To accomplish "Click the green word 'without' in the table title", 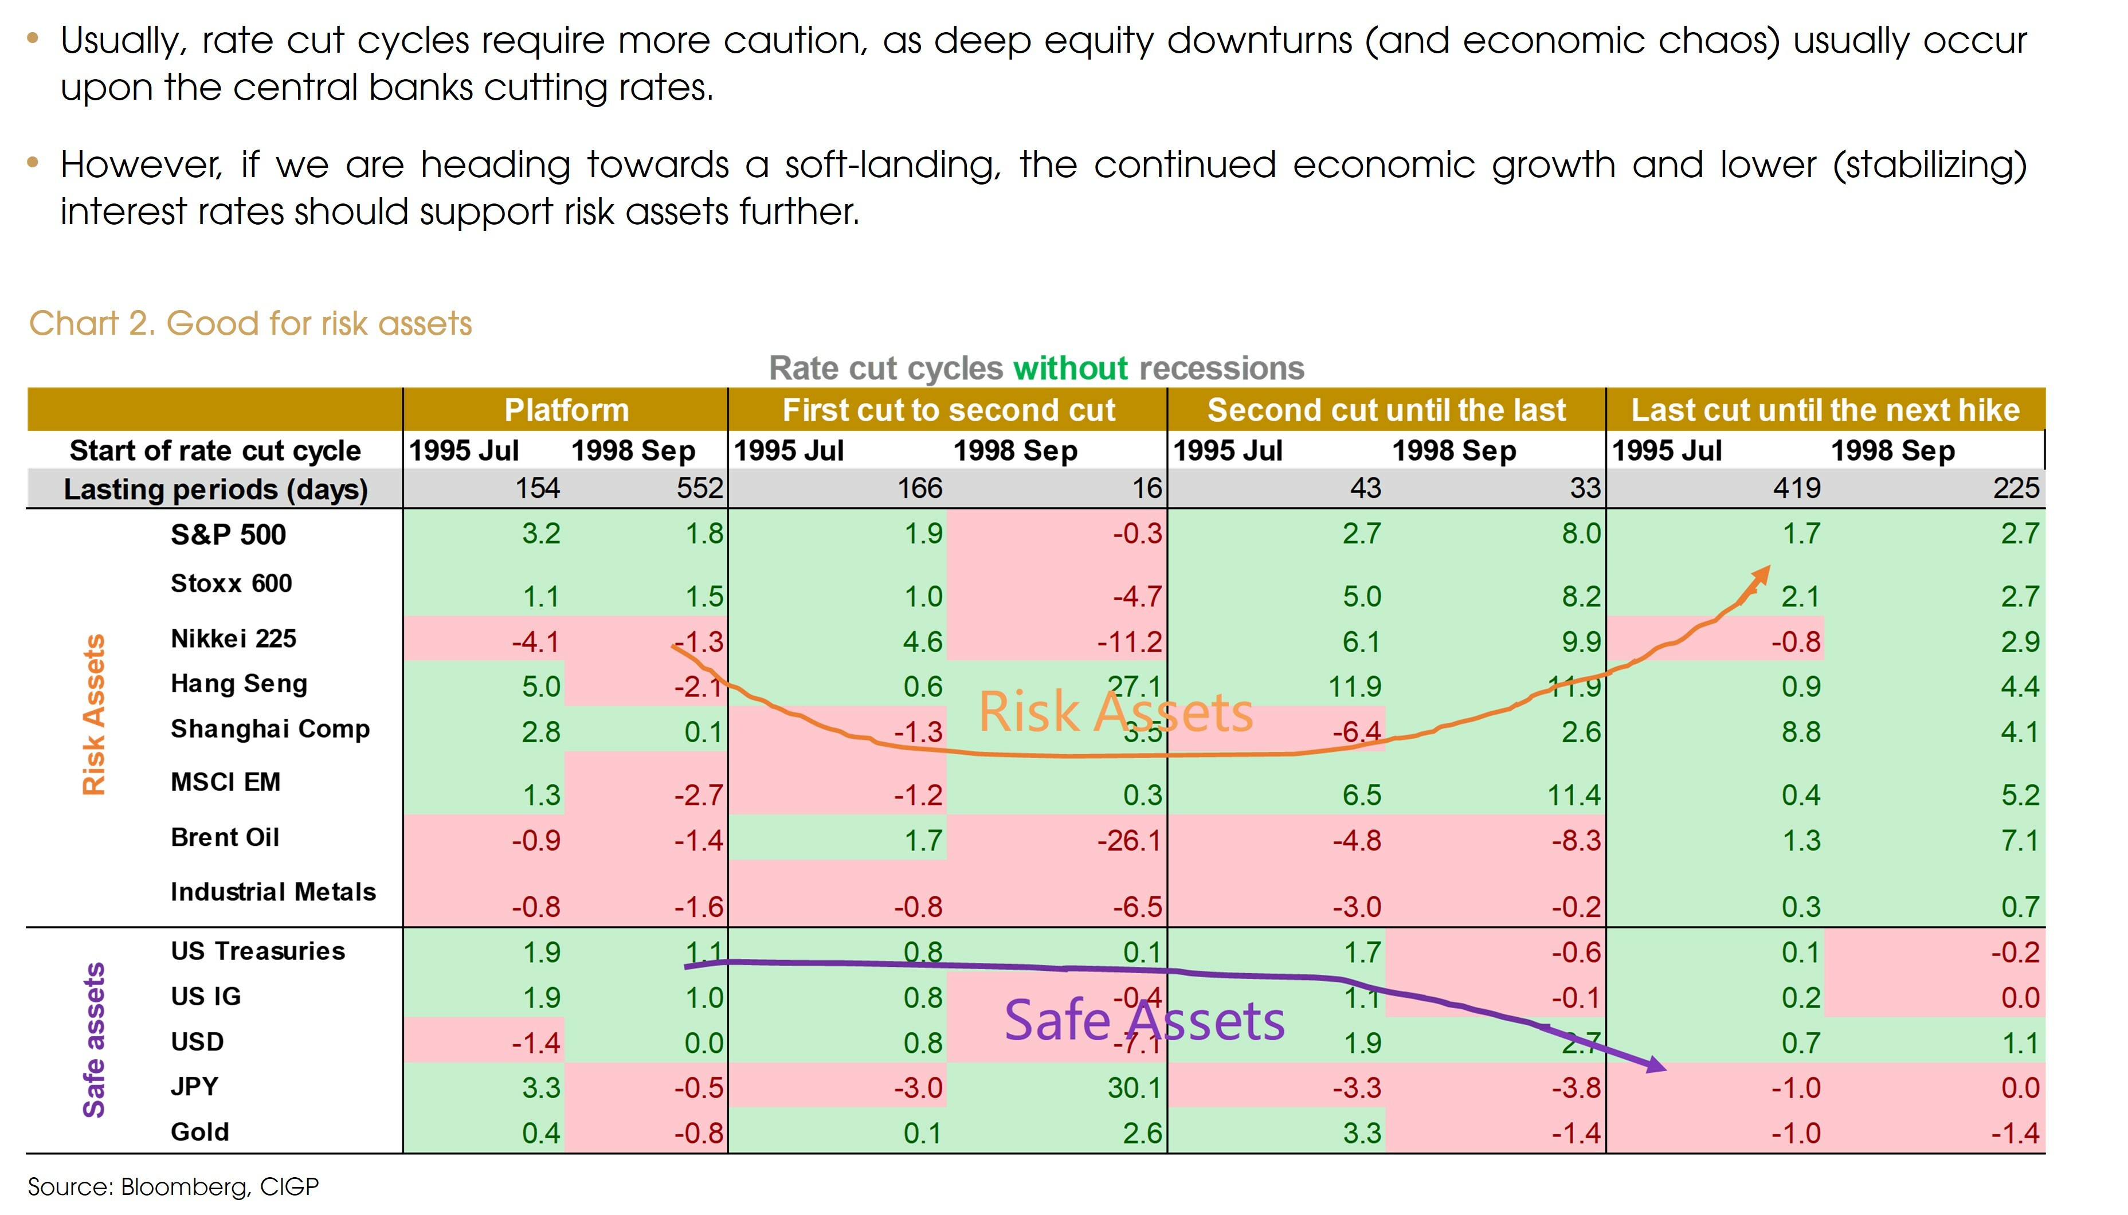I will (x=1070, y=368).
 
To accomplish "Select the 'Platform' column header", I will (x=566, y=410).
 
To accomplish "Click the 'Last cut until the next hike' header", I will (x=1825, y=410).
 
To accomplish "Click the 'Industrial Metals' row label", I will (x=273, y=892).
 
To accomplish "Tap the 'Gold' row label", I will (x=199, y=1132).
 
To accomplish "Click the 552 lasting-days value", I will (x=699, y=488).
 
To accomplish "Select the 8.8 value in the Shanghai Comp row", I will (x=1801, y=732).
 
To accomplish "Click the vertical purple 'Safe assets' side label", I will (x=93, y=1040).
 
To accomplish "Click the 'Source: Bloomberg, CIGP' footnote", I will (x=173, y=1186).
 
